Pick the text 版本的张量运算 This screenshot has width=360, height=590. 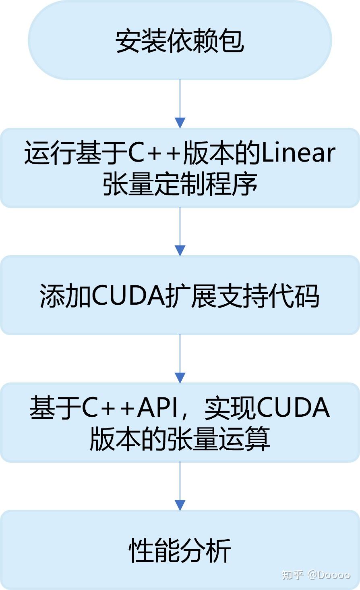click(x=180, y=439)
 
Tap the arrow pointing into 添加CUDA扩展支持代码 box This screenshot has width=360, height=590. click(x=180, y=232)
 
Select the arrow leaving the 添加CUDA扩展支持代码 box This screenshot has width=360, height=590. click(x=180, y=359)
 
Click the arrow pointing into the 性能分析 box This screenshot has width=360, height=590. click(x=180, y=486)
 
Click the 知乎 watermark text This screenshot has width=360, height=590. click(x=292, y=574)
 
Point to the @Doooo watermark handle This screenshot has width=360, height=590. click(x=329, y=575)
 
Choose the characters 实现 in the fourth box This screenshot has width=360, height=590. click(x=229, y=408)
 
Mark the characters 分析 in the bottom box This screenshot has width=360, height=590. click(x=205, y=551)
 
